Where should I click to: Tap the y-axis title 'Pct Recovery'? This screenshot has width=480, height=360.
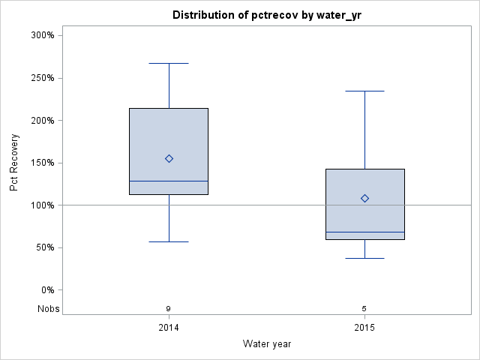coord(15,163)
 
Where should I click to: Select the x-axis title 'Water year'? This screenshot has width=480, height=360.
coord(267,343)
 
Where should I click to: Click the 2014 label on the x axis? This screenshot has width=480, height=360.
coord(169,328)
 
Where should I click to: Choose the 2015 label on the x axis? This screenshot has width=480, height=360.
coord(364,328)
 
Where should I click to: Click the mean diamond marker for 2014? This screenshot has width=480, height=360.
coord(169,158)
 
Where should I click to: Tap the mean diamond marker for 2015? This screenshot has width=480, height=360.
coord(364,198)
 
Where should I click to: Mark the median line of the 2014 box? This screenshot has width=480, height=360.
coord(169,181)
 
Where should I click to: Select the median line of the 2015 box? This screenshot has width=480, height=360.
coord(364,232)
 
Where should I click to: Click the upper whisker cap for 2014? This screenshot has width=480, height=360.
coord(169,63)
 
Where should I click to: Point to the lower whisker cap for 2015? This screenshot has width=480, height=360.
coord(364,258)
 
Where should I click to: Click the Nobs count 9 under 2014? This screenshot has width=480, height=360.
coord(169,308)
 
